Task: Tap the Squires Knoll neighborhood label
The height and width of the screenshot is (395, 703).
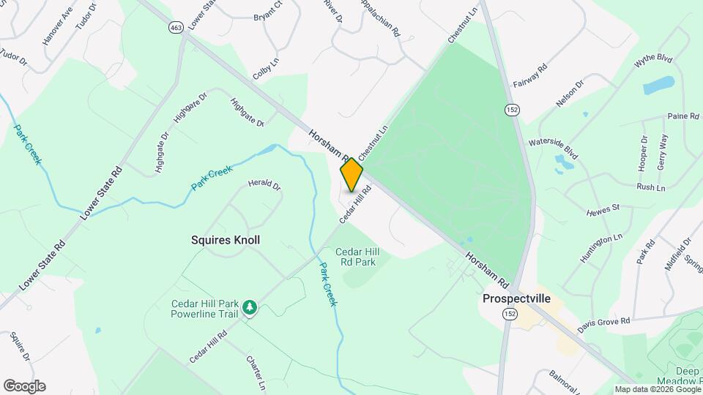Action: coord(226,240)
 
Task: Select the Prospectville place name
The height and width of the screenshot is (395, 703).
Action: coord(516,298)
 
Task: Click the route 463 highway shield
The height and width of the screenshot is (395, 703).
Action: coord(176,27)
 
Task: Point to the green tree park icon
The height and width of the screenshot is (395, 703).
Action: coord(250,308)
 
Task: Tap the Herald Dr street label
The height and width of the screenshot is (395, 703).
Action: coord(264,185)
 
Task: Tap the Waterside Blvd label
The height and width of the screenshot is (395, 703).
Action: coord(554,143)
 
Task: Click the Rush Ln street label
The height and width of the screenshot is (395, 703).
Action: coord(650,188)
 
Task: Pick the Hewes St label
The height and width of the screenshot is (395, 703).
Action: coord(603,210)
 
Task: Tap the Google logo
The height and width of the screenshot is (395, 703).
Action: coord(24,386)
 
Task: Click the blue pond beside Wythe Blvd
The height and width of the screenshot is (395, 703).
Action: coord(658,86)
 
